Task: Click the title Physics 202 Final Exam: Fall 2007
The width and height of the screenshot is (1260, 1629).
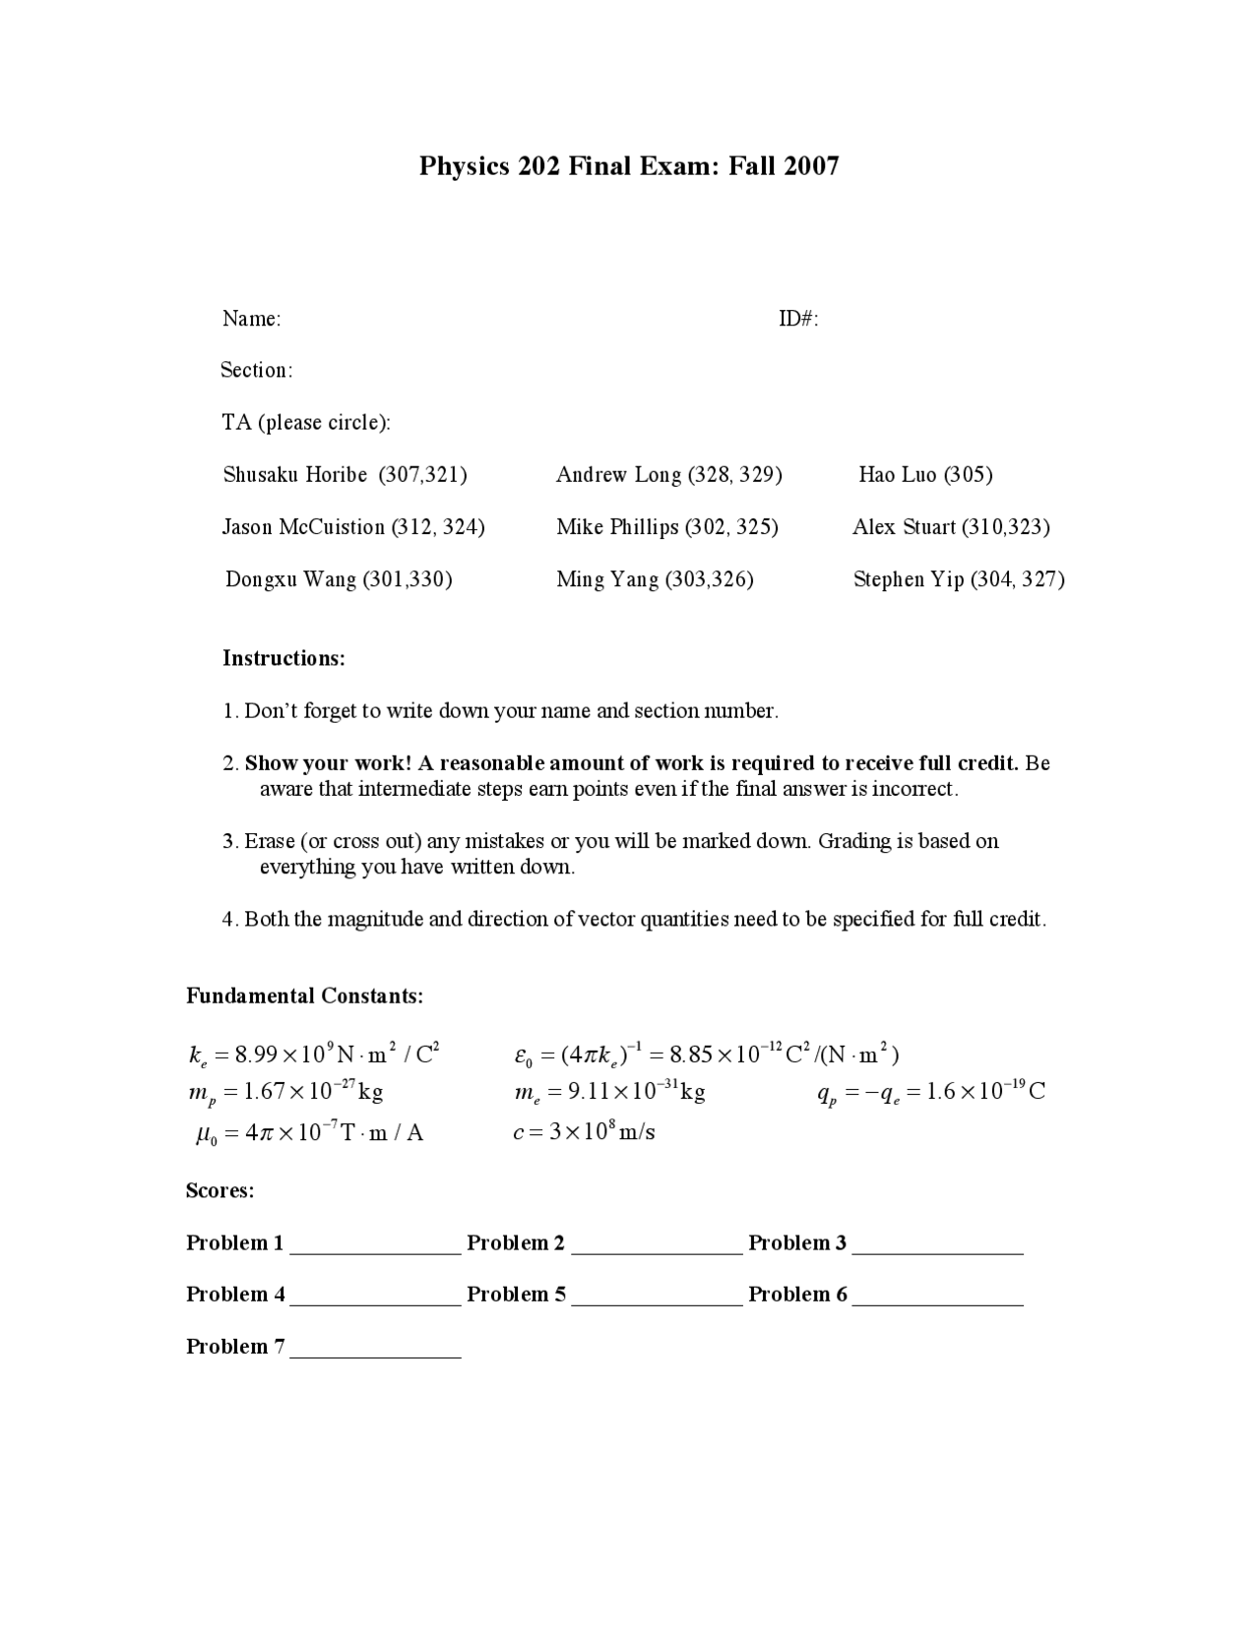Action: click(x=629, y=165)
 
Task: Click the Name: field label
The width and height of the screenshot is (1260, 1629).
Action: click(x=251, y=319)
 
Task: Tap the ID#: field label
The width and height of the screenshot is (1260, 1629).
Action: click(x=798, y=319)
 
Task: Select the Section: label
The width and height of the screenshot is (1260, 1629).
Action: click(x=256, y=371)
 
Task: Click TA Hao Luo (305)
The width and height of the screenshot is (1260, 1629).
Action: click(x=924, y=475)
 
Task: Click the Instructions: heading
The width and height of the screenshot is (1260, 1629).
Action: click(x=283, y=658)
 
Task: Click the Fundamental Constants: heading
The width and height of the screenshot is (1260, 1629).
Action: click(x=305, y=995)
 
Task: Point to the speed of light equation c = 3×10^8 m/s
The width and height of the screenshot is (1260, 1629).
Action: click(x=584, y=1132)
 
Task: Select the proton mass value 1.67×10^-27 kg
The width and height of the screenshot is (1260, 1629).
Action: click(x=313, y=1092)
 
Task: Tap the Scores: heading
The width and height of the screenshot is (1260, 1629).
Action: click(x=220, y=1190)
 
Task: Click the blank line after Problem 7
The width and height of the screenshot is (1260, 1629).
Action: click(x=375, y=1351)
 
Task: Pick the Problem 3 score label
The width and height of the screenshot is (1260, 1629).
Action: click(x=796, y=1242)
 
